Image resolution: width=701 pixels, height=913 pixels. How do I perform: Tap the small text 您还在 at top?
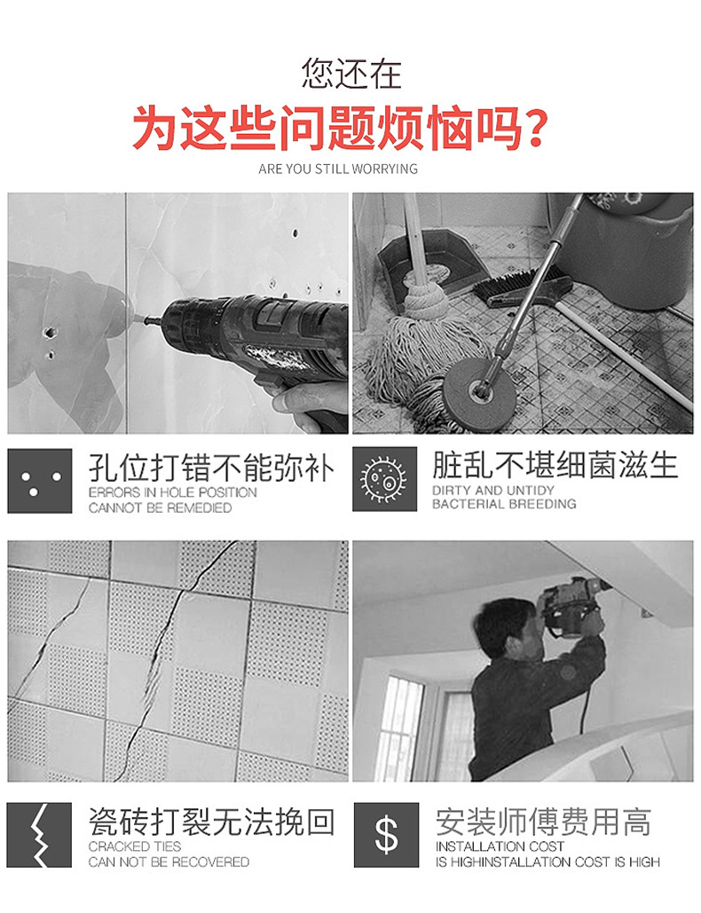coord(350,73)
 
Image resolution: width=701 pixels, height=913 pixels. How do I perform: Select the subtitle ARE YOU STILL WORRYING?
coord(338,169)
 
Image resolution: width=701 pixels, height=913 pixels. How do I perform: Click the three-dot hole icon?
coord(40,481)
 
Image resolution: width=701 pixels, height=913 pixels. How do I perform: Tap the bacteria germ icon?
coord(384,479)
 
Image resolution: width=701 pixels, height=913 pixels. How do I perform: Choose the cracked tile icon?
coord(40,835)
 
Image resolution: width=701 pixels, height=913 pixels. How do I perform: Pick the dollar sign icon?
coord(386,835)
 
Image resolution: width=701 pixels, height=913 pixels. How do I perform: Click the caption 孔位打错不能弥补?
coord(212,467)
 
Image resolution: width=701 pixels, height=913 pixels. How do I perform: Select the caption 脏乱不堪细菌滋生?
coord(555,465)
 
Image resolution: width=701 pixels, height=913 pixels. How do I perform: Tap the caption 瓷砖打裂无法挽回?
coord(212,822)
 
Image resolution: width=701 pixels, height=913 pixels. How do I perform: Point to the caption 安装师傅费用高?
coord(543,822)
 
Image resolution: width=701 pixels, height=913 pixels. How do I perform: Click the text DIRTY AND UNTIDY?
coord(492,490)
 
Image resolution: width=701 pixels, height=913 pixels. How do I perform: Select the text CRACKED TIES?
coord(135,846)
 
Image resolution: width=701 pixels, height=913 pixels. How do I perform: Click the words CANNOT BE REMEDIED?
coord(160,508)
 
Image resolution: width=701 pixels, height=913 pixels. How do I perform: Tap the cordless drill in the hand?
coord(257,337)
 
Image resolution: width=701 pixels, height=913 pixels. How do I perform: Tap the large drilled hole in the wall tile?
coord(50,333)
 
